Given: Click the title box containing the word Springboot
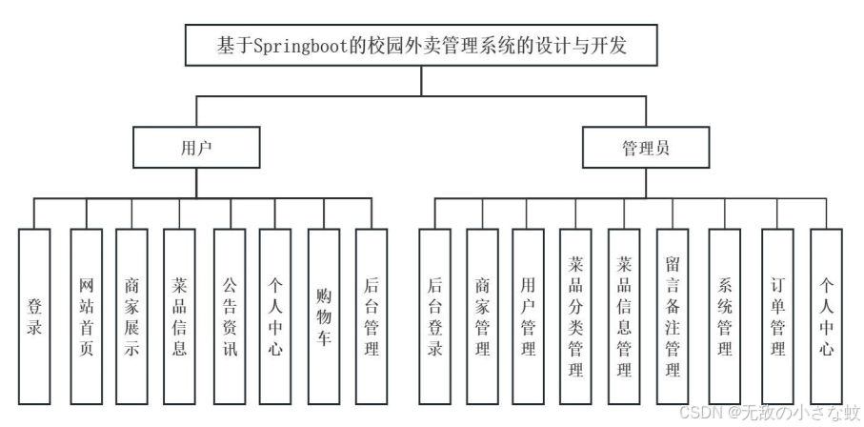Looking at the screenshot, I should pyautogui.click(x=422, y=46).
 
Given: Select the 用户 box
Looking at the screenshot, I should pyautogui.click(x=196, y=148).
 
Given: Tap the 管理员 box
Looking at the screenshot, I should pyautogui.click(x=645, y=148).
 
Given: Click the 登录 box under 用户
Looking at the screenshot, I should pyautogui.click(x=34, y=315).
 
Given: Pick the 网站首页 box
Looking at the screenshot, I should pyautogui.click(x=87, y=315).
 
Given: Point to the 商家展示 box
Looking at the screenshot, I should pyautogui.click(x=131, y=315).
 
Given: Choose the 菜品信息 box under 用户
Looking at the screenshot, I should pyautogui.click(x=180, y=315).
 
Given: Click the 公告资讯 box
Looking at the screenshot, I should pyautogui.click(x=229, y=315).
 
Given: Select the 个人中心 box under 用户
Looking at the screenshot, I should pyautogui.click(x=275, y=315).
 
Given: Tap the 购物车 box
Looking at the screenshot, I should pyautogui.click(x=323, y=315).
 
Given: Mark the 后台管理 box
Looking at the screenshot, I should pyautogui.click(x=372, y=315).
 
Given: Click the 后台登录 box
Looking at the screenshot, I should pyautogui.click(x=434, y=315).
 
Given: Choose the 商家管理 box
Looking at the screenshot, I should pyautogui.click(x=482, y=315).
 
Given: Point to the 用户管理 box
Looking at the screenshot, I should pyautogui.click(x=529, y=315).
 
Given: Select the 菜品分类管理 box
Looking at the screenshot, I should pyautogui.click(x=576, y=315).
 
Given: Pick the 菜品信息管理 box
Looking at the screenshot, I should pyautogui.click(x=624, y=315).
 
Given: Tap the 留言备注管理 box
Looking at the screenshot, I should pyautogui.click(x=673, y=315).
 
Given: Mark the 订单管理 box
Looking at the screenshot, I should pyautogui.click(x=777, y=315).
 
